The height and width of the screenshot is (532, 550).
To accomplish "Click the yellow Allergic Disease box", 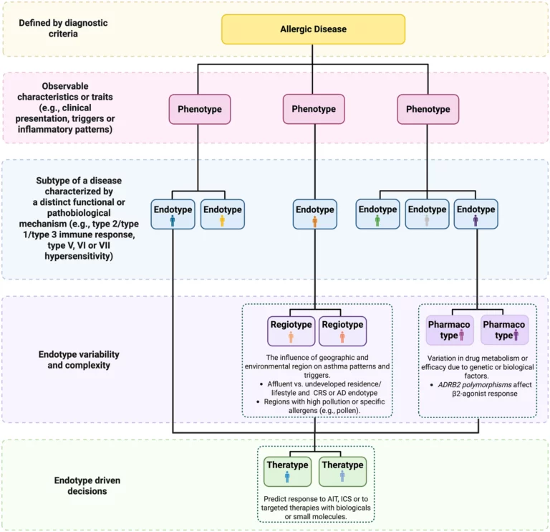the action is [x=313, y=29].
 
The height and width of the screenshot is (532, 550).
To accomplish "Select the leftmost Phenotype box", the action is [x=200, y=109].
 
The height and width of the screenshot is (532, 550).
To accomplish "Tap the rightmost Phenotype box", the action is [x=428, y=109].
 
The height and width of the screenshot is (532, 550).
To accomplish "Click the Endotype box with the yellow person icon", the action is [x=223, y=214].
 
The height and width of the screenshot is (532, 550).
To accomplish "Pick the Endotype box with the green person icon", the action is [x=378, y=214].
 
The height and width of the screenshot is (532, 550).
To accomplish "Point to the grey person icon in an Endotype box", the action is [x=427, y=221].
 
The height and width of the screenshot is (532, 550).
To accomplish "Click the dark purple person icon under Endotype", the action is [x=476, y=221].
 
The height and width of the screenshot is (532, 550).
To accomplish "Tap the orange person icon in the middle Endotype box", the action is [x=315, y=222].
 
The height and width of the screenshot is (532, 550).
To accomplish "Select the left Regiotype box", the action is [x=291, y=331].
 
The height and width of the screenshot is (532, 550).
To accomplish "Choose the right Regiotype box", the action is [x=343, y=331].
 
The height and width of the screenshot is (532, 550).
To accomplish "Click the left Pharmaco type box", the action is [x=449, y=330].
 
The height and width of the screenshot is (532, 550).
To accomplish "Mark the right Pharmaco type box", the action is [x=504, y=330].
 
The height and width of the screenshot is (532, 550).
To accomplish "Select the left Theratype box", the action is [x=287, y=472].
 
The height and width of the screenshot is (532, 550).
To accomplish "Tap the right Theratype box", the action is [x=343, y=472].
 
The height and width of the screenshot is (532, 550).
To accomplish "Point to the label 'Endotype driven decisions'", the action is [x=87, y=485].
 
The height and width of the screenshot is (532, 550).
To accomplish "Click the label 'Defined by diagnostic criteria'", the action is [x=63, y=29].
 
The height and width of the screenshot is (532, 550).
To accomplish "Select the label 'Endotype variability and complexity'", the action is [x=79, y=360].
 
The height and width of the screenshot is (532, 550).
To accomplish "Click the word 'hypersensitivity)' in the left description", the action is [x=79, y=257].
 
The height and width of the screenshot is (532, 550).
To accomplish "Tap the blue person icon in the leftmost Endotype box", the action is [x=173, y=222].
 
